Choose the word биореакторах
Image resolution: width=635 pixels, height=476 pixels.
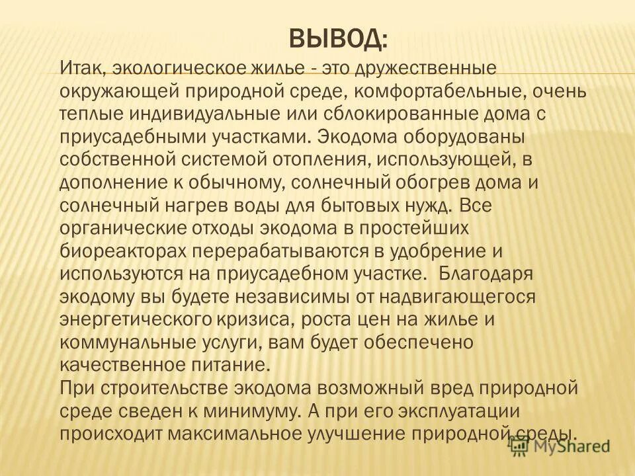coord(127,251)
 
